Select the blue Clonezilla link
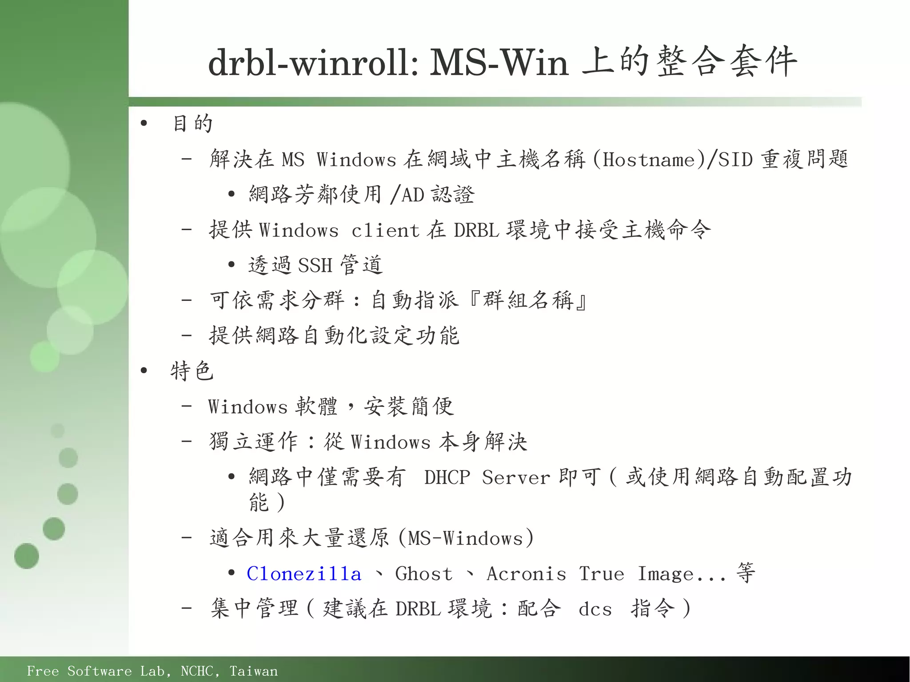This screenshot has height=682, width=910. point(304,574)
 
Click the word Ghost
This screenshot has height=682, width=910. point(424,574)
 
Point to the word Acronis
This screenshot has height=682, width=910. point(527,574)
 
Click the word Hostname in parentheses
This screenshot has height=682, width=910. point(649,160)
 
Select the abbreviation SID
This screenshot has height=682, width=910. point(735,160)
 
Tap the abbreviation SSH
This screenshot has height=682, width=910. point(315,265)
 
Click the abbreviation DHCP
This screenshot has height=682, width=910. point(447,477)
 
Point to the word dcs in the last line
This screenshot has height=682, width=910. point(595,609)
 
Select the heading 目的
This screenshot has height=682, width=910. point(192,124)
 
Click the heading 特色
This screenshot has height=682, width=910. point(192,371)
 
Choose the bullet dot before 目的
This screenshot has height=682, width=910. point(143,124)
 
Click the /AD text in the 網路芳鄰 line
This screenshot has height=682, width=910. point(407,195)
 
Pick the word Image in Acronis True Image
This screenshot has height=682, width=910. point(665,574)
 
